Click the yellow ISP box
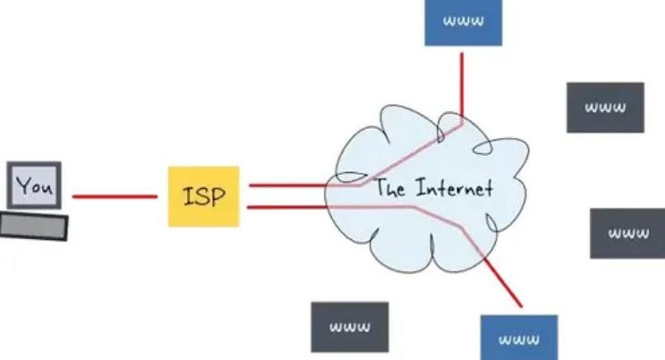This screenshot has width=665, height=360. tap(204, 195)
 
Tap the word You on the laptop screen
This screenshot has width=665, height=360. tap(35, 186)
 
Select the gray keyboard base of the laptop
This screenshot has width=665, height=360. tap(34, 226)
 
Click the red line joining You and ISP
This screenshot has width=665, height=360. tap(114, 196)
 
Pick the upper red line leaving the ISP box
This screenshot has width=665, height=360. tap(286, 185)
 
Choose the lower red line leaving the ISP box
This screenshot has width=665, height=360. tap(286, 208)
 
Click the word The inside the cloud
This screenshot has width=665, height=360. tap(390, 188)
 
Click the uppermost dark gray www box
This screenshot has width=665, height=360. tap(605, 107)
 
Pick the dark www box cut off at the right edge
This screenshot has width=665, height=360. tap(627, 234)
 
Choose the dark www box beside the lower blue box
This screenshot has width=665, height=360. tap(350, 327)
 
